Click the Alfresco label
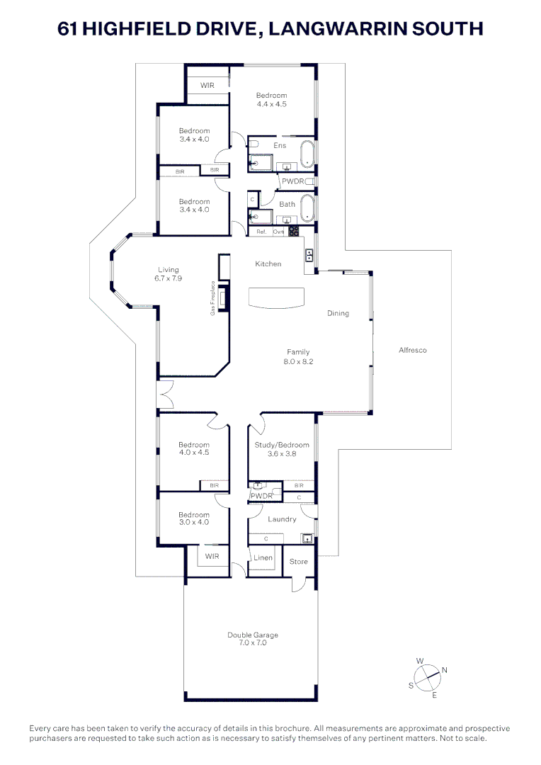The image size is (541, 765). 412,350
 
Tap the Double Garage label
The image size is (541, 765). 247,635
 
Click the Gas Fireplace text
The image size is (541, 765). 212,299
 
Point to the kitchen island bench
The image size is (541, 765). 276,297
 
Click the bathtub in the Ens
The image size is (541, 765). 307,155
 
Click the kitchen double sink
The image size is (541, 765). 309,254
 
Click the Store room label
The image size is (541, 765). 299,562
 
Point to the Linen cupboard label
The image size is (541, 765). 263,557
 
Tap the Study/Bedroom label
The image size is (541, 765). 282,445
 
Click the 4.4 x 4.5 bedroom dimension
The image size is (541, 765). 271,103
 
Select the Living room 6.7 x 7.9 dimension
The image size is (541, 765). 169,278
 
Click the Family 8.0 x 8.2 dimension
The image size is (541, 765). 298,361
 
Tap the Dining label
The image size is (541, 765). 338,313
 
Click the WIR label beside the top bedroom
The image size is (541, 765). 207,85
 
